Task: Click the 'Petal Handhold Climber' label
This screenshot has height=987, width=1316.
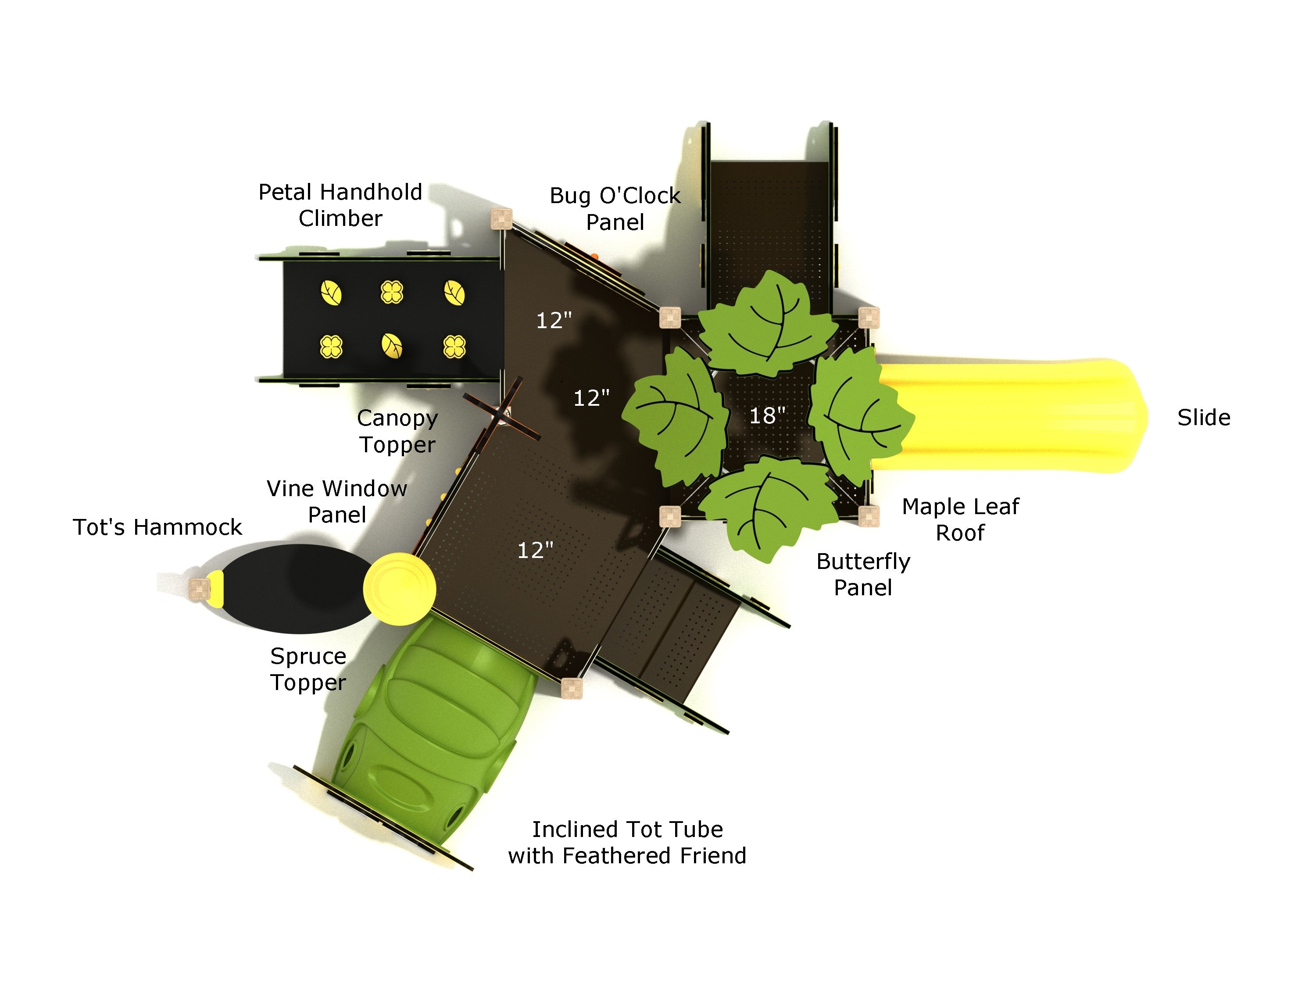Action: click(x=340, y=205)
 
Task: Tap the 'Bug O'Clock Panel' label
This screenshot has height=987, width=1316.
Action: click(x=615, y=209)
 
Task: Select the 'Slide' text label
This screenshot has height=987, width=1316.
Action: click(x=1204, y=418)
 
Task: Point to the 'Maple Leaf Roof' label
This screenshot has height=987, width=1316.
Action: click(x=960, y=519)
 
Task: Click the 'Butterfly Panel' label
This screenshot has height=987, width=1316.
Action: click(x=863, y=575)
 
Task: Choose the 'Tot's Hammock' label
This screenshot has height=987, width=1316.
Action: click(x=157, y=527)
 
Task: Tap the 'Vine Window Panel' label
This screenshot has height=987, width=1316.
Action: click(x=337, y=501)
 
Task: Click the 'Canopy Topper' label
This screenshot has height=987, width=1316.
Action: click(x=397, y=431)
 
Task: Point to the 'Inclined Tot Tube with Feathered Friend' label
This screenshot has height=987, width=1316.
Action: click(x=627, y=842)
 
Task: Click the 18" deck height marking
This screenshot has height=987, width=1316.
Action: click(x=767, y=415)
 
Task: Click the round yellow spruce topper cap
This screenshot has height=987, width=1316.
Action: click(x=399, y=589)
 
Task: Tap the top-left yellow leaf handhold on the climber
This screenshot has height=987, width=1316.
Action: click(x=331, y=293)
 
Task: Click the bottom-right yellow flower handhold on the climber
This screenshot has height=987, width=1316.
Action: click(x=454, y=346)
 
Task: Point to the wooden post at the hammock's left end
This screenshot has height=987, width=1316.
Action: click(x=199, y=588)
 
